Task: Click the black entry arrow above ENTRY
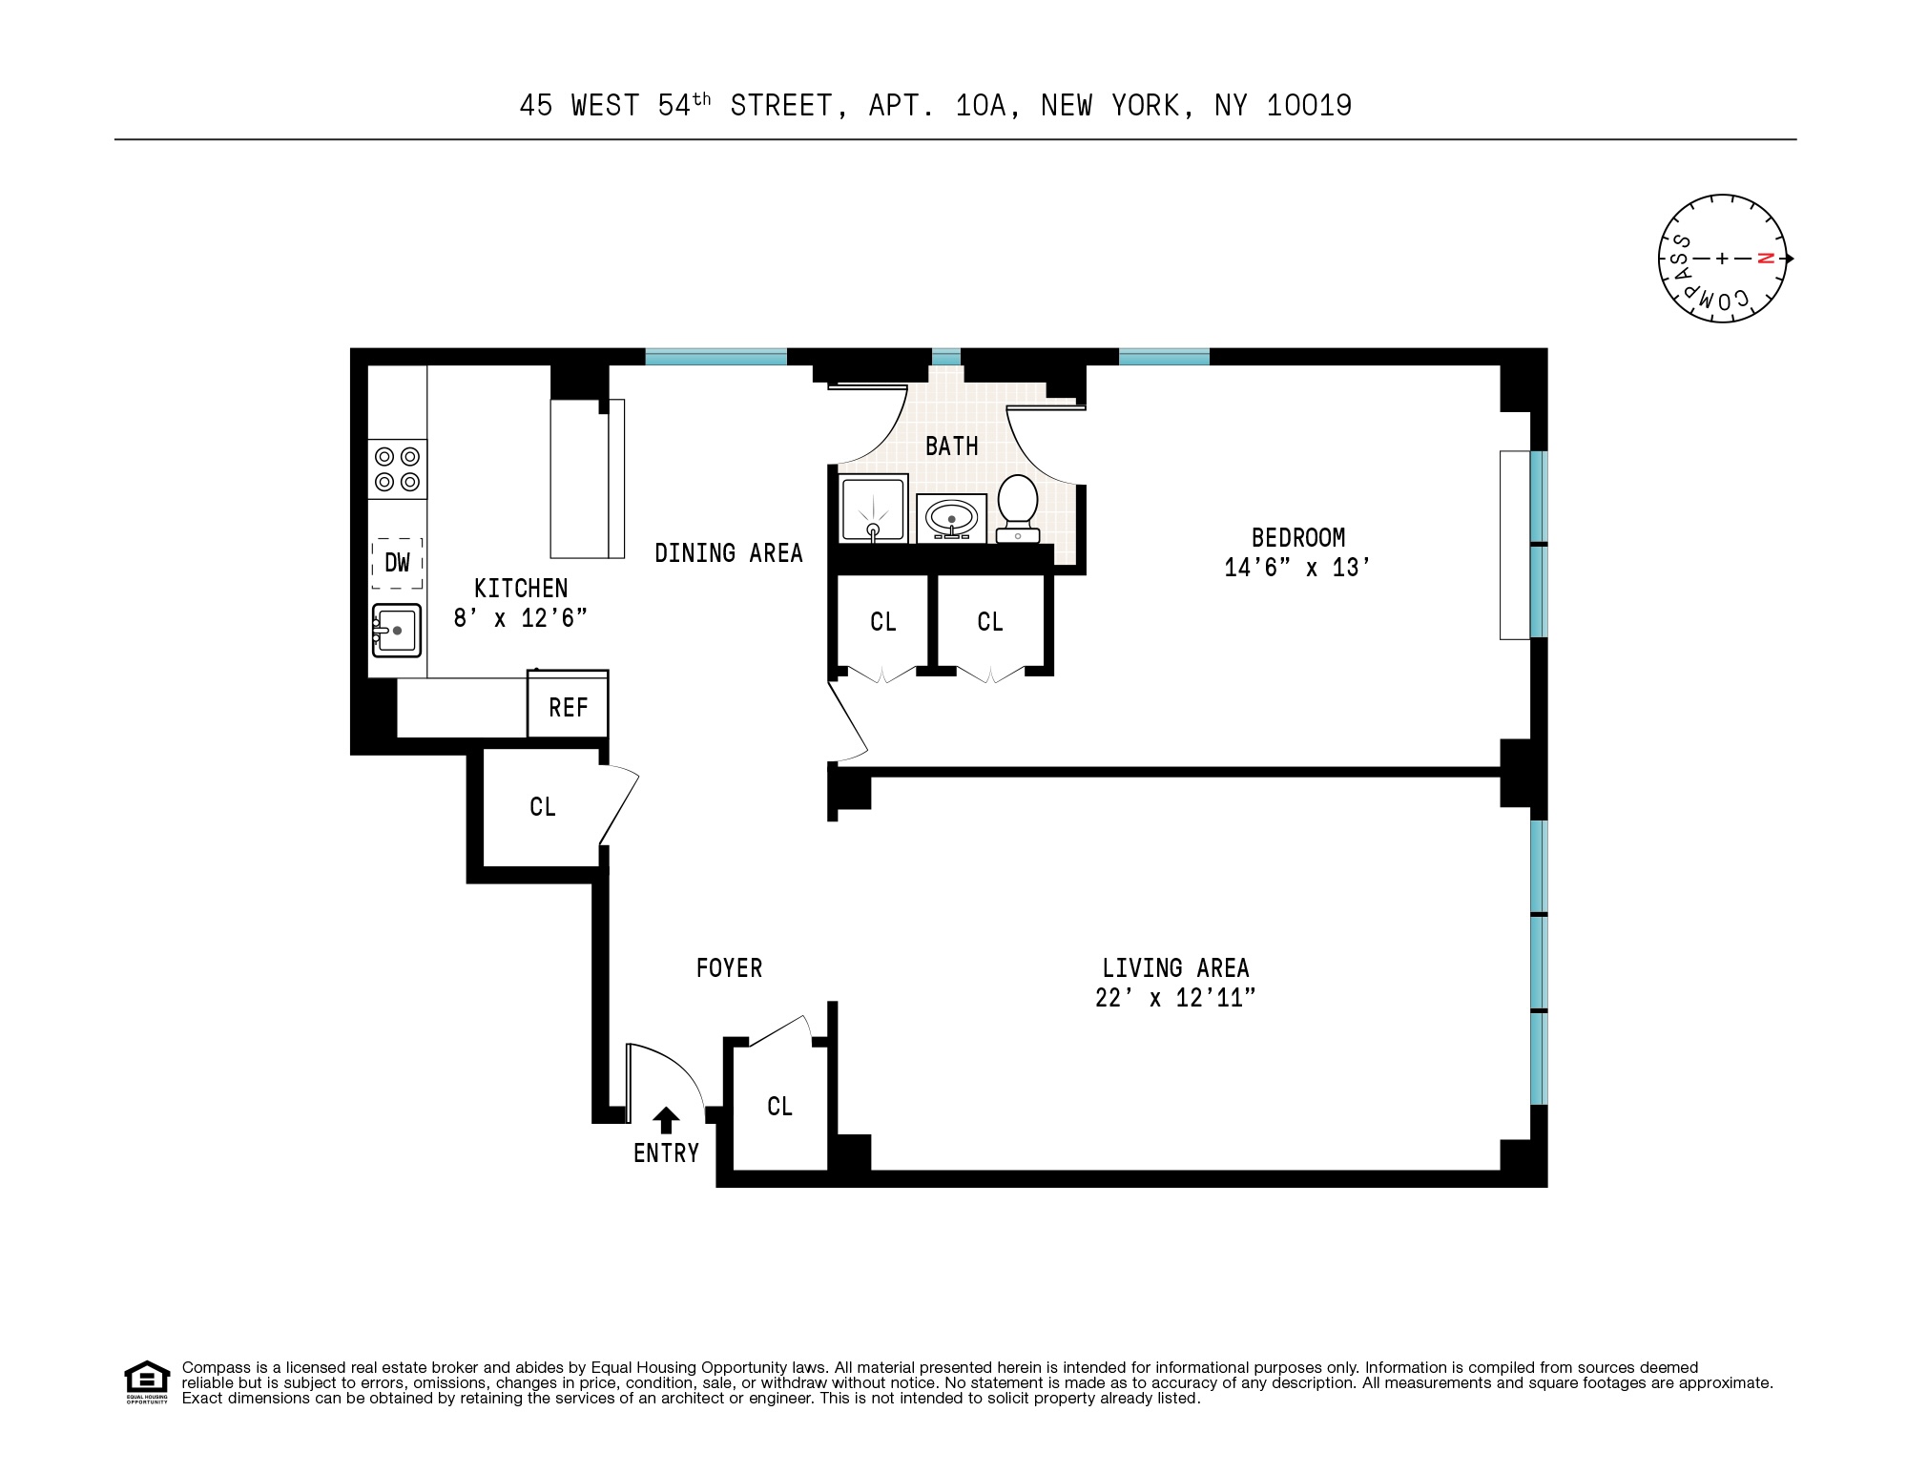pyautogui.click(x=666, y=1120)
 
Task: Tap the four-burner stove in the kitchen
pyautogui.click(x=397, y=468)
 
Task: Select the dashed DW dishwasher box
pyautogui.click(x=397, y=563)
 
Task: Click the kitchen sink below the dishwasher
pyautogui.click(x=397, y=631)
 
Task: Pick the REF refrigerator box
pyautogui.click(x=568, y=706)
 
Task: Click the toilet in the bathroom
pyautogui.click(x=1018, y=507)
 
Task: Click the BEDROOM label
pyautogui.click(x=1297, y=537)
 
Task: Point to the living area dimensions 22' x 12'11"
pyautogui.click(x=1174, y=998)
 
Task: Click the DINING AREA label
pyautogui.click(x=728, y=553)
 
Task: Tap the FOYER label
pyautogui.click(x=729, y=968)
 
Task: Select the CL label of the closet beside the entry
pyautogui.click(x=779, y=1106)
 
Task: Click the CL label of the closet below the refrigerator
pyautogui.click(x=542, y=807)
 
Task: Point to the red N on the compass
pyautogui.click(x=1766, y=258)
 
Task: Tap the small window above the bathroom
pyautogui.click(x=945, y=358)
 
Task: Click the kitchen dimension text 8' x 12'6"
pyautogui.click(x=520, y=618)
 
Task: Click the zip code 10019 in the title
pyautogui.click(x=1309, y=105)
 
